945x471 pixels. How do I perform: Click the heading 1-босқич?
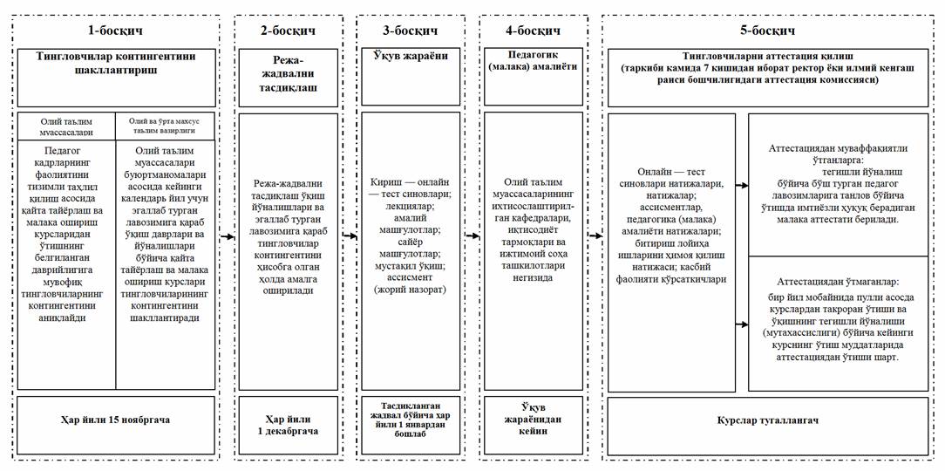tap(113, 31)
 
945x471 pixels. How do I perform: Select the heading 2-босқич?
tap(288, 31)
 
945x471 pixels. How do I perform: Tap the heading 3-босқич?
tap(411, 31)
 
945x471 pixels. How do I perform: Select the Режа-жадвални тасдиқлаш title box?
tap(288, 77)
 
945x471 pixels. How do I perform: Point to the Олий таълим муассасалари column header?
tap(66, 126)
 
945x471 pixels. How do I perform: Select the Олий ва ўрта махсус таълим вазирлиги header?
tap(165, 126)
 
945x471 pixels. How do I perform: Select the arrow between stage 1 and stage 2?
tap(226, 235)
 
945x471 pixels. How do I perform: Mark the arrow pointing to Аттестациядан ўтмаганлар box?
tap(741, 324)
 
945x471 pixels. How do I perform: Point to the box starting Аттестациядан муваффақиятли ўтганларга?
tap(838, 185)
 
